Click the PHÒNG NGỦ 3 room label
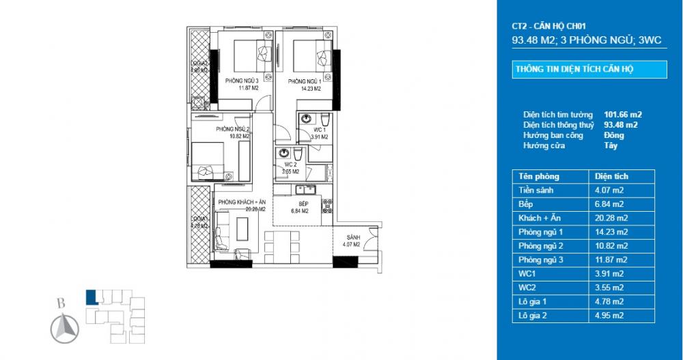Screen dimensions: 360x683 click(x=238, y=80)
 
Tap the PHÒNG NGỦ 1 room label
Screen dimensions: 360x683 click(x=306, y=80)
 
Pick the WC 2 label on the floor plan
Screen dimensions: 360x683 click(x=290, y=165)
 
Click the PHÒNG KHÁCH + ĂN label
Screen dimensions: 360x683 click(x=242, y=203)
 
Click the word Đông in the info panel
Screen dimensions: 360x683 click(x=614, y=135)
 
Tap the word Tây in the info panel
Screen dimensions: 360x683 click(x=611, y=146)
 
